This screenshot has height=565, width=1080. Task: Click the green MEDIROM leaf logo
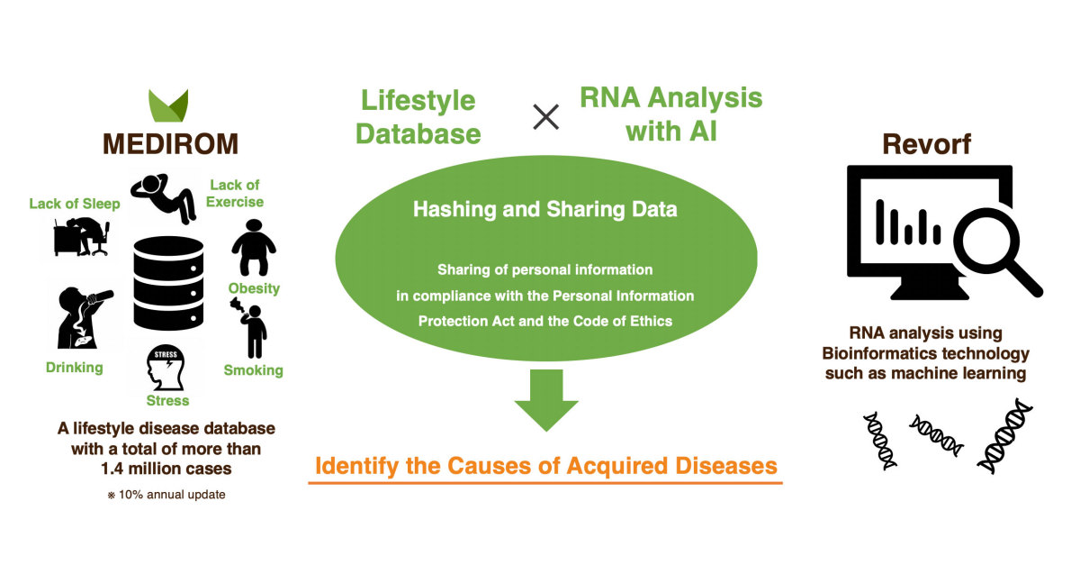(168, 107)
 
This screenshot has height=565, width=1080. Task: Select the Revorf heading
(927, 143)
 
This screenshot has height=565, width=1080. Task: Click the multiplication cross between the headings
(545, 115)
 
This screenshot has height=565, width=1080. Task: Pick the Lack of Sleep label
(74, 204)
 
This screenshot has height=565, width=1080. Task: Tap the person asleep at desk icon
(81, 237)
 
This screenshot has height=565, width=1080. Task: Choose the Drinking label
(74, 368)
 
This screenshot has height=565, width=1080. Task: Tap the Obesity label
(254, 289)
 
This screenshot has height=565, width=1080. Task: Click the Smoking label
(254, 370)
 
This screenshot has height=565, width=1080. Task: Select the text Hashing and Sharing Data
(545, 210)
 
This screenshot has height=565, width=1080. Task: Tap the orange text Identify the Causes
(545, 466)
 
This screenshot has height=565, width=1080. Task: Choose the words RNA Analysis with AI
(670, 114)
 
